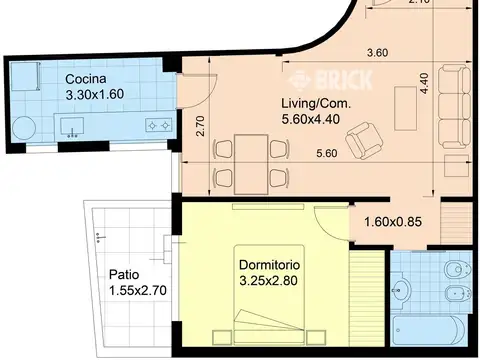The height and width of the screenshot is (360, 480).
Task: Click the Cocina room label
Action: tap(86, 79)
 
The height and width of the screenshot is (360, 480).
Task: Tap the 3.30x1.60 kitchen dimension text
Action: tap(95, 94)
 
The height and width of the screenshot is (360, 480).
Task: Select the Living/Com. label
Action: tap(316, 103)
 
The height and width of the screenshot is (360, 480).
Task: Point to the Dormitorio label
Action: tap(270, 265)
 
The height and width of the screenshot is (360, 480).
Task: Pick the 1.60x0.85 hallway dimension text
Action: tap(393, 222)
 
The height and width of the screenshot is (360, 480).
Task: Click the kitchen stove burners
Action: tap(159, 125)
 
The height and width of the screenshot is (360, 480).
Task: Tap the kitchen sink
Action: tap(72, 127)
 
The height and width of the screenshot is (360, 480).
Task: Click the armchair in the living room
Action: tap(364, 141)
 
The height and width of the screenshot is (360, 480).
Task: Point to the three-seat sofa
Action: tap(454, 107)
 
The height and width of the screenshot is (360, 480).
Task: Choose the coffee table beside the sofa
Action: tap(405, 108)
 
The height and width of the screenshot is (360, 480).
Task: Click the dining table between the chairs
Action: tap(251, 164)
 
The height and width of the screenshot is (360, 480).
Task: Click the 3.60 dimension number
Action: tap(377, 53)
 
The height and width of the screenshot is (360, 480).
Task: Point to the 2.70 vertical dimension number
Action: tap(201, 126)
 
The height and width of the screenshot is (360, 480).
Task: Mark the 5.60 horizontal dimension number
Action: tap(327, 153)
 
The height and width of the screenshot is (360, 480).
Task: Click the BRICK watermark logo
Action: tap(331, 80)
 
